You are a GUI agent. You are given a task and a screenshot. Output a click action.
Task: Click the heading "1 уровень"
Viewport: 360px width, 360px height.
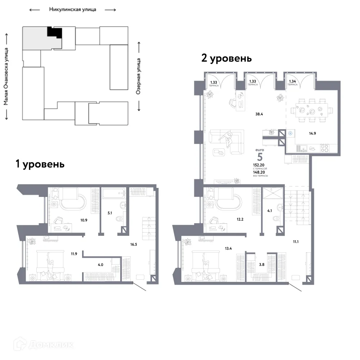coord(40,164)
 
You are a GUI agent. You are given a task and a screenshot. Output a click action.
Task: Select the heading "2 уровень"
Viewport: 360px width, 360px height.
coord(226,58)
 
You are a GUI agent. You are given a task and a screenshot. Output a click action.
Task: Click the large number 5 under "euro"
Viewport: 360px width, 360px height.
coord(259,157)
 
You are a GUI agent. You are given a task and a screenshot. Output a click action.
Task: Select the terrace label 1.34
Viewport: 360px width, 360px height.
coord(292,82)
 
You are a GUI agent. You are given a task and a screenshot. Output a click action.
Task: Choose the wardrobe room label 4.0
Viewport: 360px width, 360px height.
coord(100,265)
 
